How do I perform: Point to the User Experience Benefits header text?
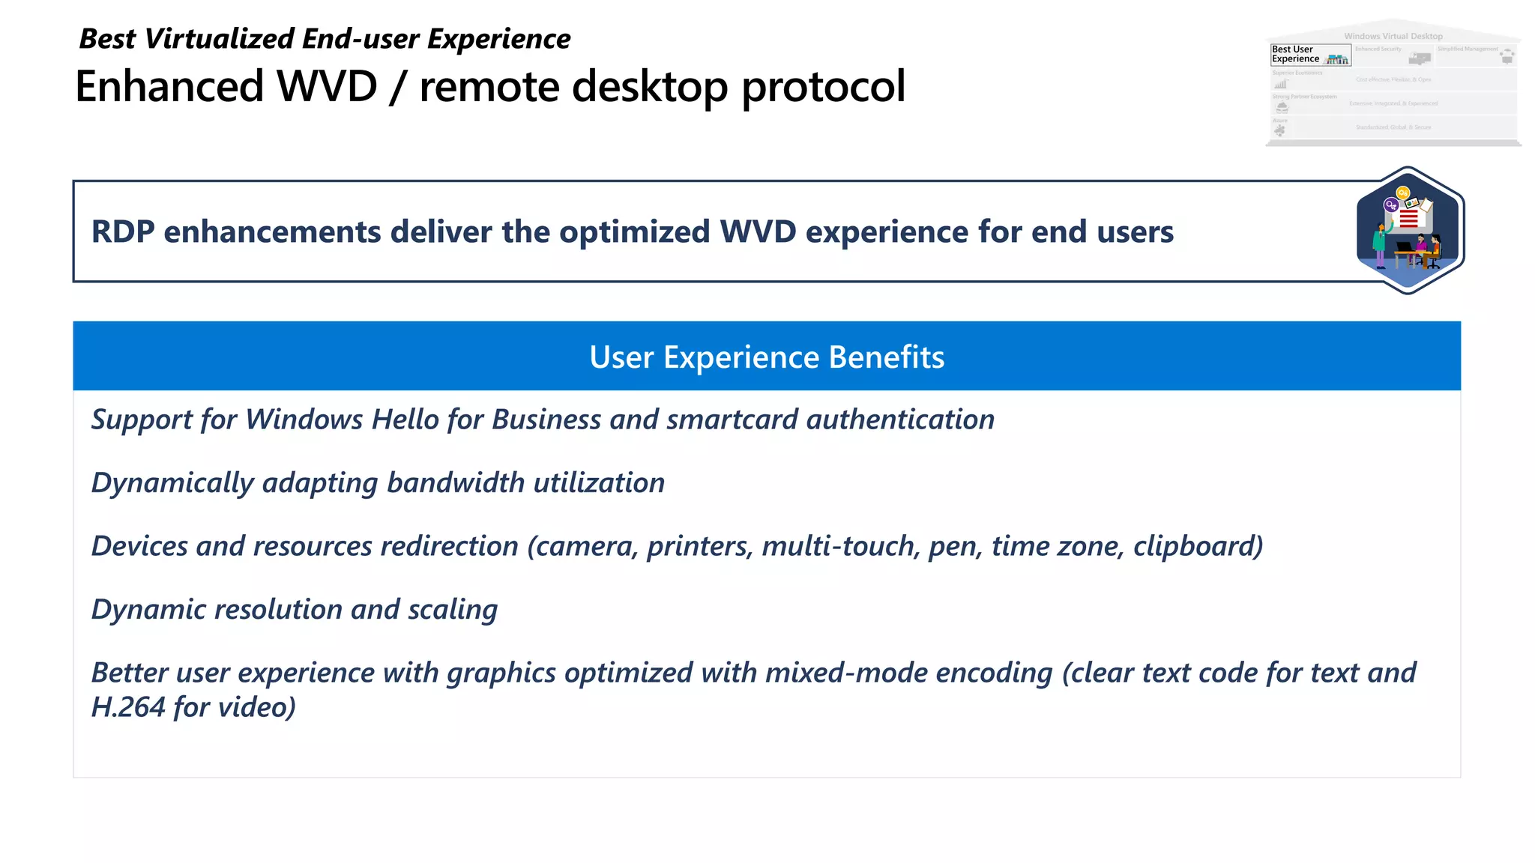[x=767, y=357]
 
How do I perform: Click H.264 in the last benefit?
[x=127, y=707]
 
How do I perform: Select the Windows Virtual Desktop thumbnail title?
[x=1393, y=36]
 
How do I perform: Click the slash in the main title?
[x=398, y=87]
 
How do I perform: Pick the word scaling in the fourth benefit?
[x=453, y=610]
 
